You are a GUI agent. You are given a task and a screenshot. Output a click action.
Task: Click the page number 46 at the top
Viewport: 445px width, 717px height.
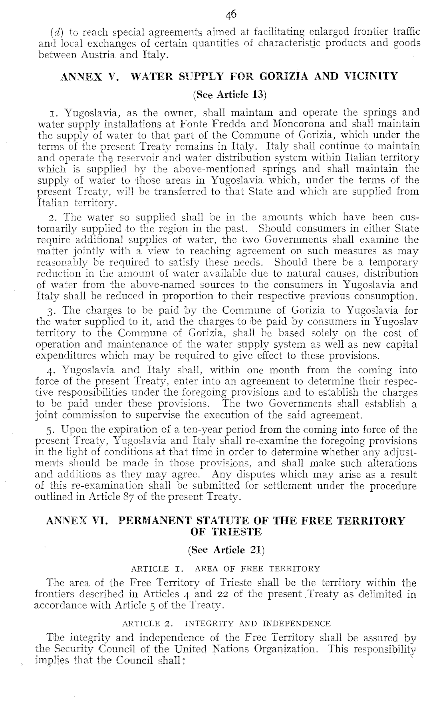coord(231,15)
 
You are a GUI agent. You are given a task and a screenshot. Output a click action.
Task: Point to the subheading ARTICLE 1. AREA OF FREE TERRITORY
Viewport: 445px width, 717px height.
coord(225,569)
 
